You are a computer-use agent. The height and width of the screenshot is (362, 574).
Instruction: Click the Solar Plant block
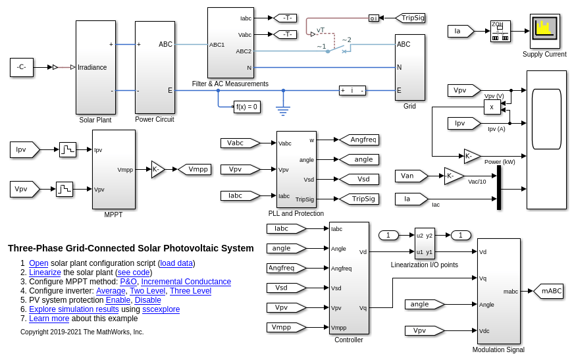(95, 67)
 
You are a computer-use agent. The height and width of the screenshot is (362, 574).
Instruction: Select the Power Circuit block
(155, 67)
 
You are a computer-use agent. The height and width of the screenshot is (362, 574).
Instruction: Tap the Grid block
(409, 67)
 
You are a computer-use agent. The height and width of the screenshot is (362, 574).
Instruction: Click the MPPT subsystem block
(113, 169)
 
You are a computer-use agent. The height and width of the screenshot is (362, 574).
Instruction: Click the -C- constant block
(22, 67)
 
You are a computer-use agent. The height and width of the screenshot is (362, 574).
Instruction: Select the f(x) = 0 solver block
(247, 107)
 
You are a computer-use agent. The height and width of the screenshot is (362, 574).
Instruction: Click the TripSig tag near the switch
(411, 18)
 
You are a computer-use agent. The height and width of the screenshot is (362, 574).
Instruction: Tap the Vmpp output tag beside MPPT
(196, 169)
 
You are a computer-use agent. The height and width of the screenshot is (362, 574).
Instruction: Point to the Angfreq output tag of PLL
(361, 140)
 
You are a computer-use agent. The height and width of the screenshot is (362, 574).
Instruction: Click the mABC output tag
(550, 291)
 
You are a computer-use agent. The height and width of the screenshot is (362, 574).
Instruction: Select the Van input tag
(409, 176)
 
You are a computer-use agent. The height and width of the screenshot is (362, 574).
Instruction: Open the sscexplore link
(161, 309)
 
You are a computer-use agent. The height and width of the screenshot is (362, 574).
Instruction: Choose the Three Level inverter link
(190, 291)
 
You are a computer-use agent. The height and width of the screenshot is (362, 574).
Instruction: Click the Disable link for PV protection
(148, 300)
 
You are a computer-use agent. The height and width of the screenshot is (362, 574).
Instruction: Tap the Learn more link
(49, 319)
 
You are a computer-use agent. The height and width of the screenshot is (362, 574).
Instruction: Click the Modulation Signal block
(498, 291)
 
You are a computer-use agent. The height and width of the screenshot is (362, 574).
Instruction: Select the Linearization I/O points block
(425, 244)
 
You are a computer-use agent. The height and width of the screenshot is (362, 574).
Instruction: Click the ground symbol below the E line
(283, 111)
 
